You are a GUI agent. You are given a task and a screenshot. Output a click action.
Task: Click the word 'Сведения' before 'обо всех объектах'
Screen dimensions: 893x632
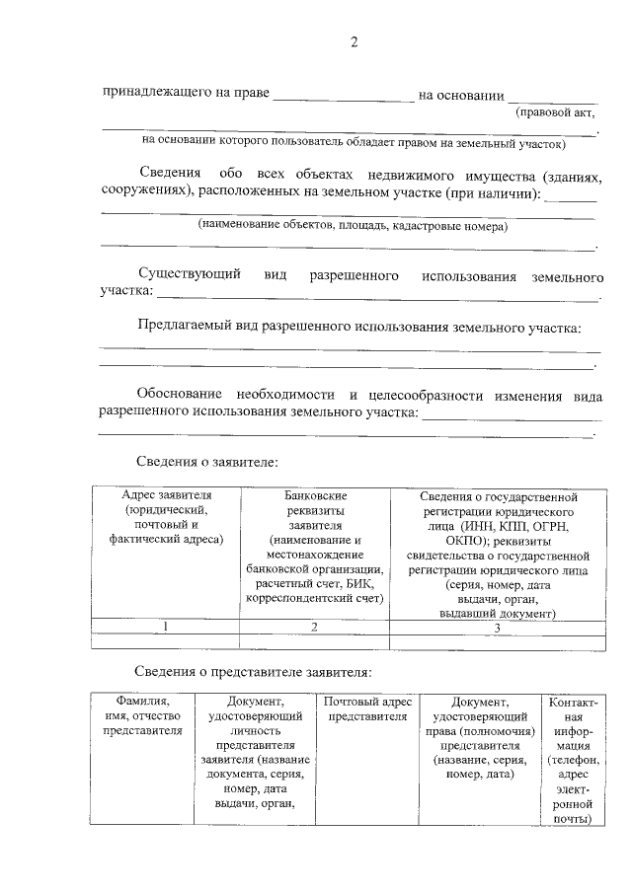(x=171, y=174)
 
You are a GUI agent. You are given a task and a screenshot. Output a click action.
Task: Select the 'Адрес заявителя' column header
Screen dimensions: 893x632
(x=166, y=495)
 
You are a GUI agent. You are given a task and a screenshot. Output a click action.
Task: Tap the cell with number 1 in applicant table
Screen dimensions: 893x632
(x=166, y=627)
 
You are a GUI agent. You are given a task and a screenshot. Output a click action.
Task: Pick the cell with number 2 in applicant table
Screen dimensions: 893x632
(x=314, y=627)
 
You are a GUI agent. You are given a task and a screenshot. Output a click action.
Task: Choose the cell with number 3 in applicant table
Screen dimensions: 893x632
(x=498, y=627)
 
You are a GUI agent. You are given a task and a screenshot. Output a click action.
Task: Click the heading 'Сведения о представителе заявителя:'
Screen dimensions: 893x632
(x=254, y=672)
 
